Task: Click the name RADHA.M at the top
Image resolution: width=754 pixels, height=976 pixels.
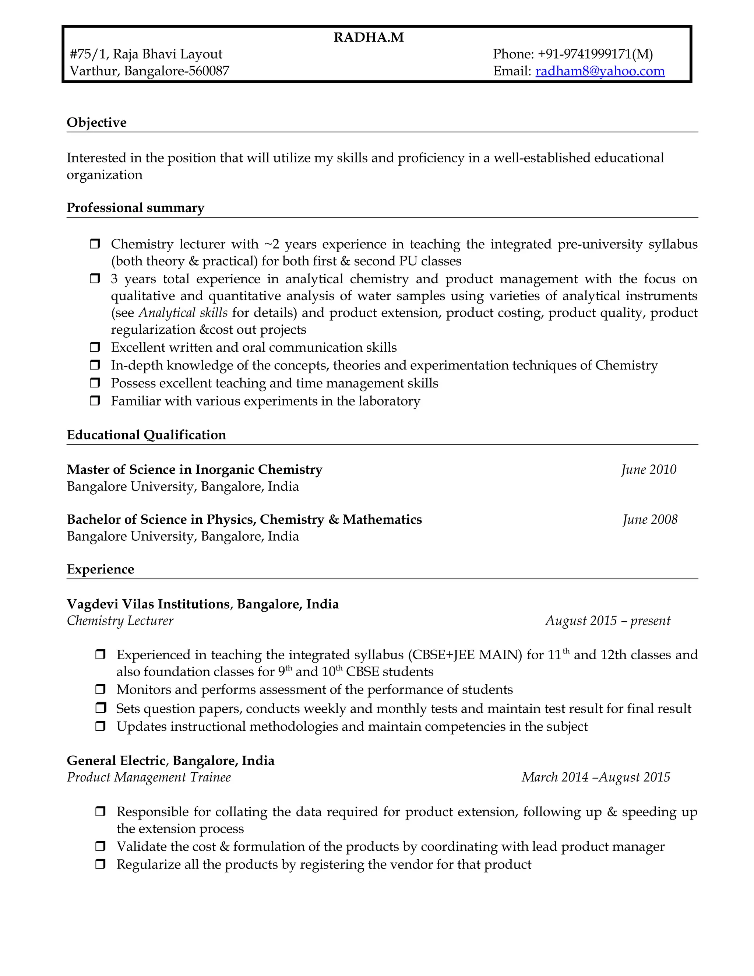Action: click(369, 38)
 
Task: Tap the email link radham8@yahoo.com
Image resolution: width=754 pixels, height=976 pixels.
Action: click(600, 71)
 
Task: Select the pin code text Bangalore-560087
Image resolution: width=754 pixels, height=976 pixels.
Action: click(176, 71)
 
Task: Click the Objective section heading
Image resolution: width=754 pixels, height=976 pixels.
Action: click(96, 122)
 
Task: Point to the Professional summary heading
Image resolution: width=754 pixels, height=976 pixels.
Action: click(135, 208)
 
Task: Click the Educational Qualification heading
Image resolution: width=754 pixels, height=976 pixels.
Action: click(146, 435)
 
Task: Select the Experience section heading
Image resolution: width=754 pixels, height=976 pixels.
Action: click(100, 569)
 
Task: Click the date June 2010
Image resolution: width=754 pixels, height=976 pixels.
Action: click(649, 470)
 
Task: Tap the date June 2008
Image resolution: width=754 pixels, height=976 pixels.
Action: click(650, 519)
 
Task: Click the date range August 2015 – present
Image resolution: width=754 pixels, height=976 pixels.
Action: click(607, 621)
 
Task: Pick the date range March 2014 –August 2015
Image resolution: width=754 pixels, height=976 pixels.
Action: click(595, 777)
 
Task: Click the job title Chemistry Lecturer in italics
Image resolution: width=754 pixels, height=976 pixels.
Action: click(120, 621)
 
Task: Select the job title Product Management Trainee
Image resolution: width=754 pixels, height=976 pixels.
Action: click(149, 777)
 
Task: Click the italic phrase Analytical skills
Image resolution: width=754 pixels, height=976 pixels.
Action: click(183, 313)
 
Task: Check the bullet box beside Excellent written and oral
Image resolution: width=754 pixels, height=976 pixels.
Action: click(95, 347)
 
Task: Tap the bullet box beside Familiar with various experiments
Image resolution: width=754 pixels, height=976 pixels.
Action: click(95, 401)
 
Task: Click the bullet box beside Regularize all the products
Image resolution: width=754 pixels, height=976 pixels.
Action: click(101, 864)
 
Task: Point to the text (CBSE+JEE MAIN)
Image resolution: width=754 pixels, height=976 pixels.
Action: click(465, 655)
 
